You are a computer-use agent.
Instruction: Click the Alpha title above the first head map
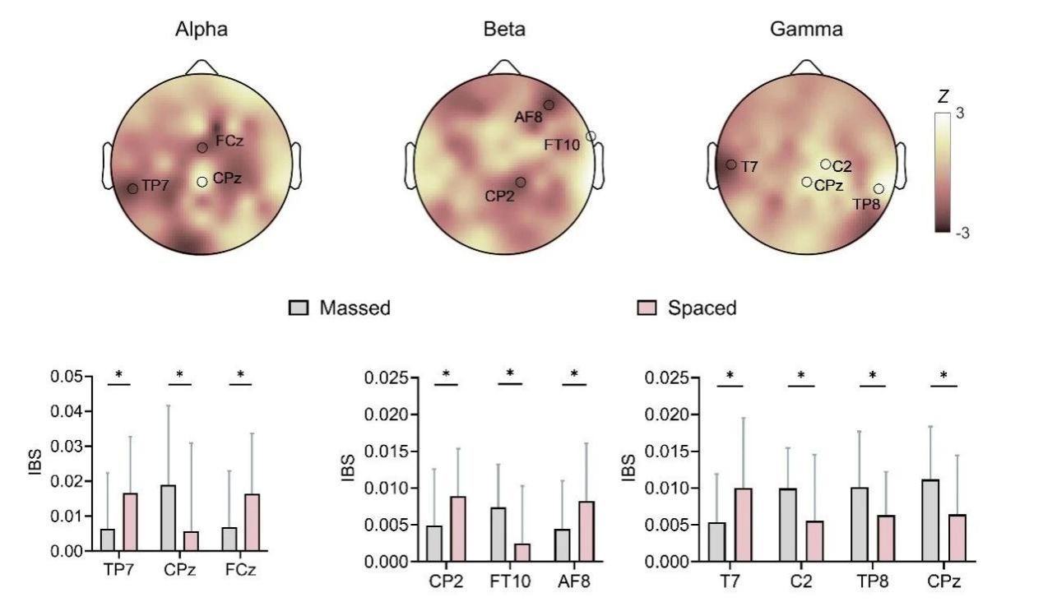pyautogui.click(x=201, y=30)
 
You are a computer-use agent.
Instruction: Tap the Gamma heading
pyautogui.click(x=805, y=30)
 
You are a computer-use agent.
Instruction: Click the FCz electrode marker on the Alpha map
pyautogui.click(x=202, y=147)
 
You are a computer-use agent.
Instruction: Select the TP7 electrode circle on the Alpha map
pyautogui.click(x=132, y=188)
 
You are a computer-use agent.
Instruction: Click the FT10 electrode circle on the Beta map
pyautogui.click(x=591, y=136)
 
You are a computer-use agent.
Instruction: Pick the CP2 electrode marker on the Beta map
pyautogui.click(x=521, y=182)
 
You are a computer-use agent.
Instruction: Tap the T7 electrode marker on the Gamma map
pyautogui.click(x=731, y=164)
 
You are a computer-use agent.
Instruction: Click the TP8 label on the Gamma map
pyautogui.click(x=867, y=204)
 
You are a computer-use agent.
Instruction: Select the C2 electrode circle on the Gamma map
pyautogui.click(x=825, y=164)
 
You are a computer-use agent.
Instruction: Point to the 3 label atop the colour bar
pyautogui.click(x=961, y=115)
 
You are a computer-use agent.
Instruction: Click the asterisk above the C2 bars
pyautogui.click(x=801, y=376)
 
